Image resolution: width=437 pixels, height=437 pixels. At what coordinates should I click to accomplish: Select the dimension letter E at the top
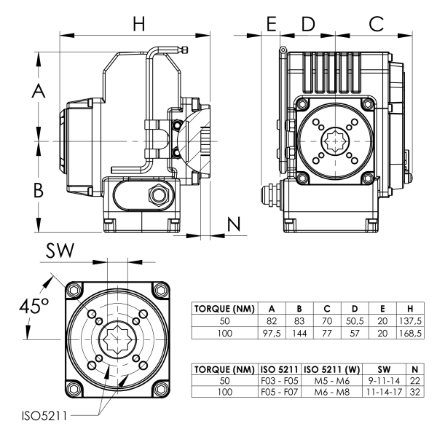click(x=272, y=23)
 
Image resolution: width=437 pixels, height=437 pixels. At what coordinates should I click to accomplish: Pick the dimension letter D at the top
click(x=308, y=23)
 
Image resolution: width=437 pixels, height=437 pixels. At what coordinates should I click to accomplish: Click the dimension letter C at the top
click(x=377, y=23)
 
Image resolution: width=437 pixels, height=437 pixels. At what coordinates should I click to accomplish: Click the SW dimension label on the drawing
click(x=60, y=251)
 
